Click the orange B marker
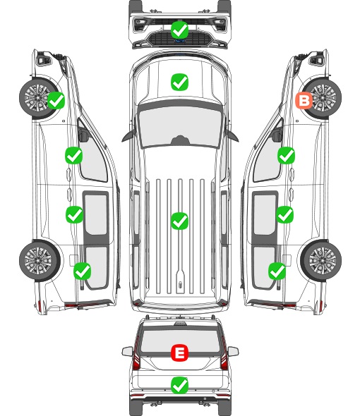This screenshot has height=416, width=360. pyautogui.click(x=304, y=101)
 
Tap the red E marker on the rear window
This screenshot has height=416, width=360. pyautogui.click(x=180, y=353)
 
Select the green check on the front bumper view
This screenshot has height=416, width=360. pyautogui.click(x=180, y=30)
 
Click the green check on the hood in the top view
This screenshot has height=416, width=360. pyautogui.click(x=180, y=82)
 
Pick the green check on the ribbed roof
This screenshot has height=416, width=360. pyautogui.click(x=180, y=221)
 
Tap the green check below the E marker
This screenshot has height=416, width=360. pyautogui.click(x=180, y=385)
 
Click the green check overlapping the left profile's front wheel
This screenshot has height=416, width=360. pyautogui.click(x=56, y=100)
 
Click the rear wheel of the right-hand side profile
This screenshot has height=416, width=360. pyautogui.click(x=321, y=260)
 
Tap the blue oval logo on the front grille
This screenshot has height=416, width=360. pyautogui.click(x=180, y=41)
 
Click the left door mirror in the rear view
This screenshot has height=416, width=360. pyautogui.click(x=128, y=351)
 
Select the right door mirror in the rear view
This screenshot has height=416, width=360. pyautogui.click(x=233, y=351)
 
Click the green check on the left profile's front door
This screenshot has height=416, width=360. pyautogui.click(x=73, y=155)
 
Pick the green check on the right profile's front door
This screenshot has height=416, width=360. pyautogui.click(x=286, y=155)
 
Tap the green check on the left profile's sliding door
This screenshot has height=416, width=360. pyautogui.click(x=74, y=214)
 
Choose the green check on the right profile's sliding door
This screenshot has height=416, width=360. pyautogui.click(x=284, y=214)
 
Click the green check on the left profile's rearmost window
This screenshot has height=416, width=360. pyautogui.click(x=82, y=271)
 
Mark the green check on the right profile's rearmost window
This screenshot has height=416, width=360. pyautogui.click(x=277, y=271)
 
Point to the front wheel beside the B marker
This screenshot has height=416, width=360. pyautogui.click(x=322, y=97)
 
